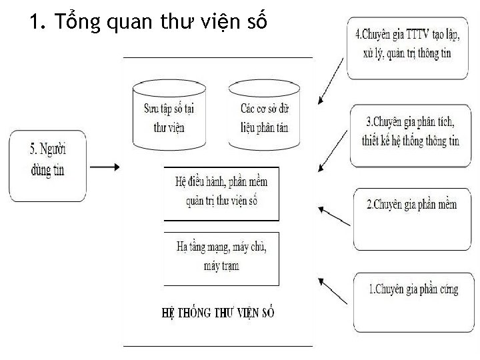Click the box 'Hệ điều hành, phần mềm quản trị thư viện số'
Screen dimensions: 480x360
click(221, 193)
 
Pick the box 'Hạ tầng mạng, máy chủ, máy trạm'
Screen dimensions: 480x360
click(221, 257)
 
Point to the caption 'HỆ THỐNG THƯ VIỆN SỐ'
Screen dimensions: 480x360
click(218, 312)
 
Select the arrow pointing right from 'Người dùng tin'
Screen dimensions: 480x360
click(103, 167)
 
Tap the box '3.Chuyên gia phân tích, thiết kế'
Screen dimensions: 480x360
click(411, 135)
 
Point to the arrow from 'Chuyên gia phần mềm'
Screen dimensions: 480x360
click(333, 216)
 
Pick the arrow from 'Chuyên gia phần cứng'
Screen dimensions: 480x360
click(333, 293)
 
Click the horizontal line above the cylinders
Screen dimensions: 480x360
click(218, 58)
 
